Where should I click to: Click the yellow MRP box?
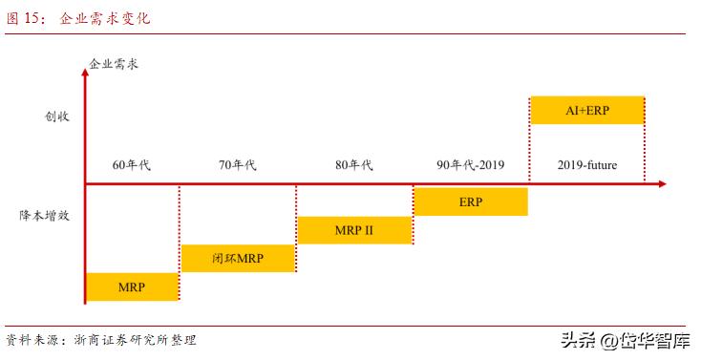132,286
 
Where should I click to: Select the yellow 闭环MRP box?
238,258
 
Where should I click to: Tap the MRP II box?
354,230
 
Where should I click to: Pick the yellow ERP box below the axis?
470,202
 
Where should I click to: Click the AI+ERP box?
586,110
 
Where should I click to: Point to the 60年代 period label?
132,164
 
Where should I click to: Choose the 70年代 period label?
238,164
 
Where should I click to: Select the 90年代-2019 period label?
470,164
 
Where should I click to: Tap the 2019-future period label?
587,164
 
